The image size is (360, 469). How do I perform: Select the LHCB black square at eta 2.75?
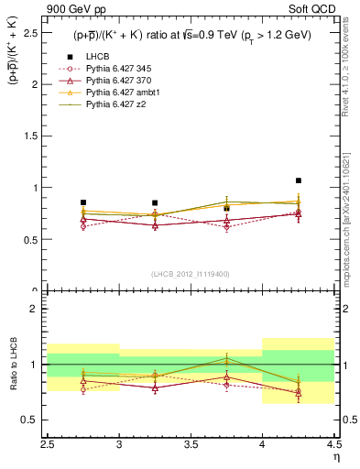[83, 202]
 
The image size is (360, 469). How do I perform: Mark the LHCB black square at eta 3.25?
[155, 202]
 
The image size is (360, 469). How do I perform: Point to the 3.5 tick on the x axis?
[191, 442]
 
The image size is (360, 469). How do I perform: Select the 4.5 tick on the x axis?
[333, 442]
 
